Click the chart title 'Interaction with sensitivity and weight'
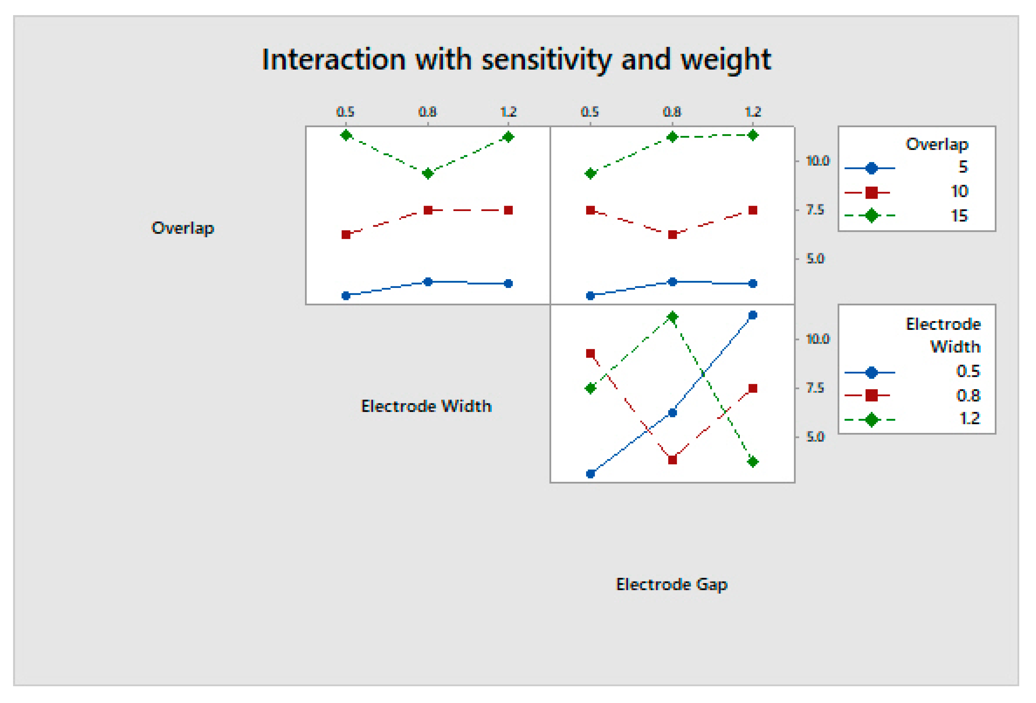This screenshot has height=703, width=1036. click(x=516, y=59)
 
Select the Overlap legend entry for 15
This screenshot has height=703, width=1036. click(x=959, y=216)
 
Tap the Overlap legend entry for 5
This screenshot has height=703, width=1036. click(x=963, y=167)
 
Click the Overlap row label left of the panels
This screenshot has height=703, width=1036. click(x=183, y=228)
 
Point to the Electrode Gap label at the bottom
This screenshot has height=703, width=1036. click(x=671, y=585)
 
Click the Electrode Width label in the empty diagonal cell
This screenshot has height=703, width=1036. click(x=426, y=406)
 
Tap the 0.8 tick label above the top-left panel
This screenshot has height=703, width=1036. click(x=427, y=111)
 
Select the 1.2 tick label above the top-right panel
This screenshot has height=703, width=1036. click(x=753, y=111)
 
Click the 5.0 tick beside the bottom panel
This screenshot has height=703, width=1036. click(x=815, y=437)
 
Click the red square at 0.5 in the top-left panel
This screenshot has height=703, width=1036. click(x=346, y=235)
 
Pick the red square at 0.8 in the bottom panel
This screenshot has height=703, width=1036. click(x=673, y=460)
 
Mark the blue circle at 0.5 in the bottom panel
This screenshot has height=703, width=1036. click(x=591, y=474)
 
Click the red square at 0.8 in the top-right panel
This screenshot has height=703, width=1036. click(x=673, y=235)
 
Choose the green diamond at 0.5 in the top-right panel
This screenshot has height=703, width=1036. click(x=591, y=173)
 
